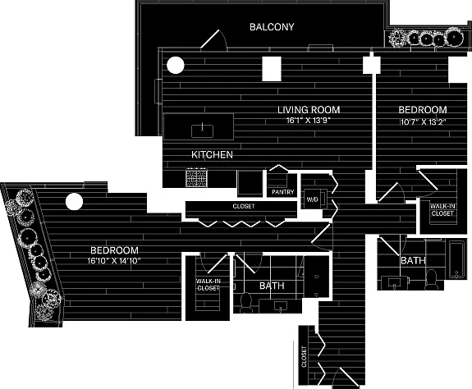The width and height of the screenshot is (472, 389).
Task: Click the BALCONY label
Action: click(272, 27)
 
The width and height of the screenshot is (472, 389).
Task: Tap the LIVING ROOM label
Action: click(309, 110)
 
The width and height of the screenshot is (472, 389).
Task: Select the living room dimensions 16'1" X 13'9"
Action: click(309, 121)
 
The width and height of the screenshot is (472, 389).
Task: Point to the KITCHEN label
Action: click(212, 155)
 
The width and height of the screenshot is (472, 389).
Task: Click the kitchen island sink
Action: click(202, 130)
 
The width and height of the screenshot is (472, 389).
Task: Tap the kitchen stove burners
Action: click(196, 177)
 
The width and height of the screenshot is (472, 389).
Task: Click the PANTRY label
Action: click(282, 192)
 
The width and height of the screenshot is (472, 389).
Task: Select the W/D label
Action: click(312, 199)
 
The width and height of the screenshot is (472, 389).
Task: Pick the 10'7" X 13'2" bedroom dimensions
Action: click(423, 122)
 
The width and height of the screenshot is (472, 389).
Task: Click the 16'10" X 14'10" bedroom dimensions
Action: click(114, 260)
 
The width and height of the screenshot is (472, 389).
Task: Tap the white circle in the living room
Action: click(176, 66)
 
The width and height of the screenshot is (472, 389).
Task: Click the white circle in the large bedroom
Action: click(74, 202)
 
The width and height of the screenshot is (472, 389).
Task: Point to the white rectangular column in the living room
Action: click(272, 69)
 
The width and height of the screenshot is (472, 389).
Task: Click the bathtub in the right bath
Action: click(456, 259)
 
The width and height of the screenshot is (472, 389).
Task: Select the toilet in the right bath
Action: click(432, 279)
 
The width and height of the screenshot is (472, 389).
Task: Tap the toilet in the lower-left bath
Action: click(246, 302)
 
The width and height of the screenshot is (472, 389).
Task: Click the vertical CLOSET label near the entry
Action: click(304, 357)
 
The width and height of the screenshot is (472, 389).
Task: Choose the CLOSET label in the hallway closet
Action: click(244, 206)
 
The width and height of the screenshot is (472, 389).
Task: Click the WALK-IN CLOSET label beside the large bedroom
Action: click(209, 285)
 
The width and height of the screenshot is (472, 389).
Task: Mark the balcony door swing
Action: click(214, 39)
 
